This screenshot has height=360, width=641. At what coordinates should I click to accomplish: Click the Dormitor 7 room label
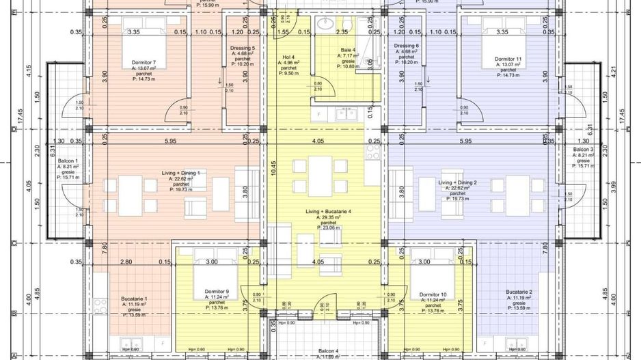click(144, 62)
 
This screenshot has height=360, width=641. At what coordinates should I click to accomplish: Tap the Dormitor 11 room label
click(508, 59)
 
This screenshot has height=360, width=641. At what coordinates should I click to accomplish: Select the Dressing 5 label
click(243, 49)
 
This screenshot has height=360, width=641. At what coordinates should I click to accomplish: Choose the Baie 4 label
click(349, 51)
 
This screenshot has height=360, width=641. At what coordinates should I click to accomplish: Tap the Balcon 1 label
click(66, 161)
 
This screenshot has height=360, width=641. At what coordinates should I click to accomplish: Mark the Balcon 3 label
click(582, 149)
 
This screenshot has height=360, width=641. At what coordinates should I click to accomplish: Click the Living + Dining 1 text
click(180, 174)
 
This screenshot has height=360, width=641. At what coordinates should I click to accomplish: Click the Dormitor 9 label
click(217, 292)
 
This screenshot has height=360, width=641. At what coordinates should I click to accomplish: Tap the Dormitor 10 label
click(433, 294)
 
